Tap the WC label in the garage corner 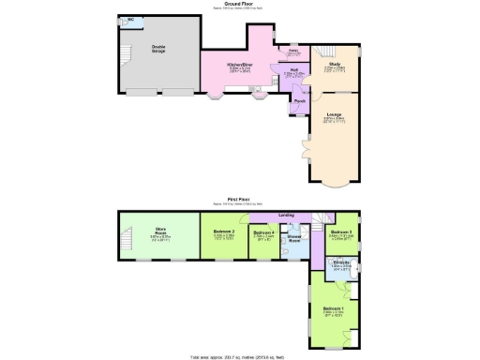129,19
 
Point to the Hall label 292,70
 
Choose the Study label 333,65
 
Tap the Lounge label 334,114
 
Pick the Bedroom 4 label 264,232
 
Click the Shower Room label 294,238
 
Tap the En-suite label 341,262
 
